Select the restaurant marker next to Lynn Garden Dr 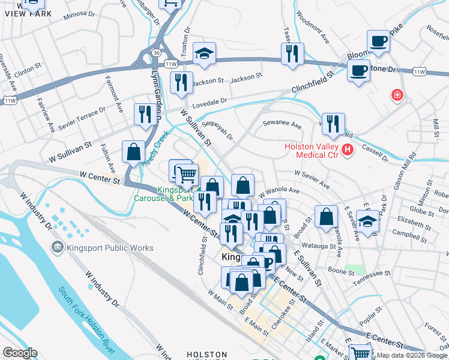click(145, 115)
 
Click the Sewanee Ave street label click(282, 124)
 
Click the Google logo click(20, 353)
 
